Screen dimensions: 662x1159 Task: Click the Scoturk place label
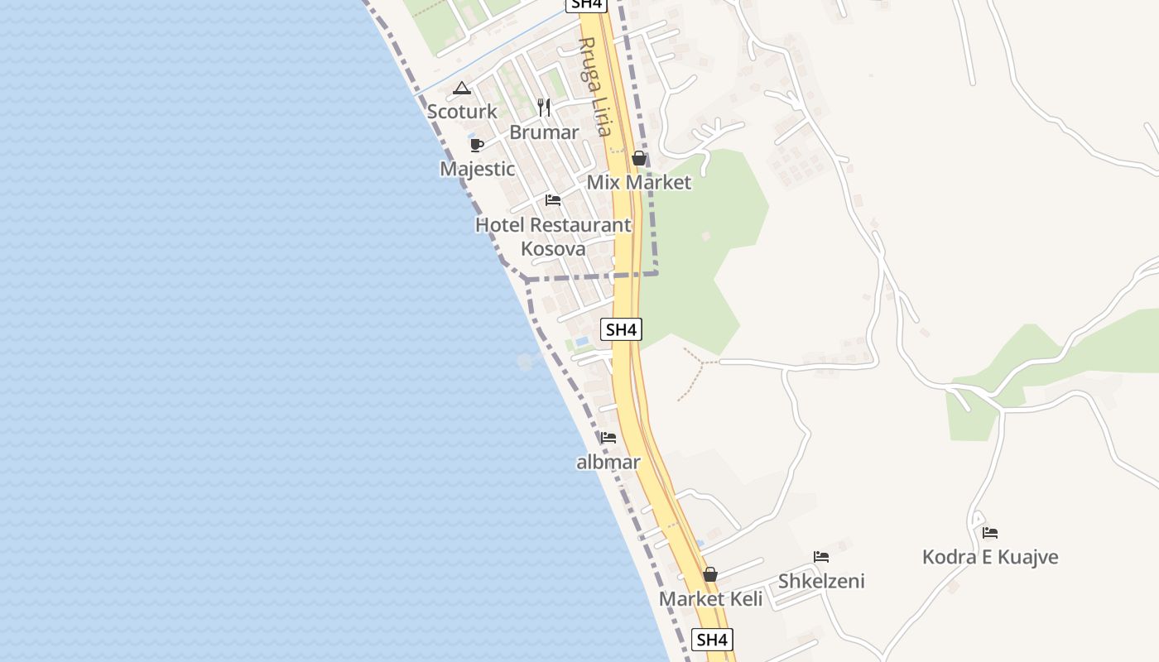462,111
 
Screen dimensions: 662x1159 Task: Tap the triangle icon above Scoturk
462,89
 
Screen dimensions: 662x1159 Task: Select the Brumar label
544,132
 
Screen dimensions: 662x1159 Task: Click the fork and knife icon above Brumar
544,107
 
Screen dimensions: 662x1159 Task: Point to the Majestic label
477,169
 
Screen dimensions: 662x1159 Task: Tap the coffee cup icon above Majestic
477,145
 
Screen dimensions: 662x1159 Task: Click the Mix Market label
638,182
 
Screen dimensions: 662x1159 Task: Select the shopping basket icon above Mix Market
639,158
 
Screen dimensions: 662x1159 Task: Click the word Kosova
553,248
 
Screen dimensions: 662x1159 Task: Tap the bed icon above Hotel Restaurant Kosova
553,200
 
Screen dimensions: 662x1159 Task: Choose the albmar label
608,463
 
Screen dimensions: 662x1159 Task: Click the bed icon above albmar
608,438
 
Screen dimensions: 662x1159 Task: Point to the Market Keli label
710,598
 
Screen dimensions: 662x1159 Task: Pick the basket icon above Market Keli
710,574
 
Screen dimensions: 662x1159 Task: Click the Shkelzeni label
821,581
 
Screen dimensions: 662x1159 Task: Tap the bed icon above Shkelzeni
821,557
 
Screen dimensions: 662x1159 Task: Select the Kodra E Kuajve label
990,557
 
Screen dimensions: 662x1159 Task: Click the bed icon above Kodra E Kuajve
990,533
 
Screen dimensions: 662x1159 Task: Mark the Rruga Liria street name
595,86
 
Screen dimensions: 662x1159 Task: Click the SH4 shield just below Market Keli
712,640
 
